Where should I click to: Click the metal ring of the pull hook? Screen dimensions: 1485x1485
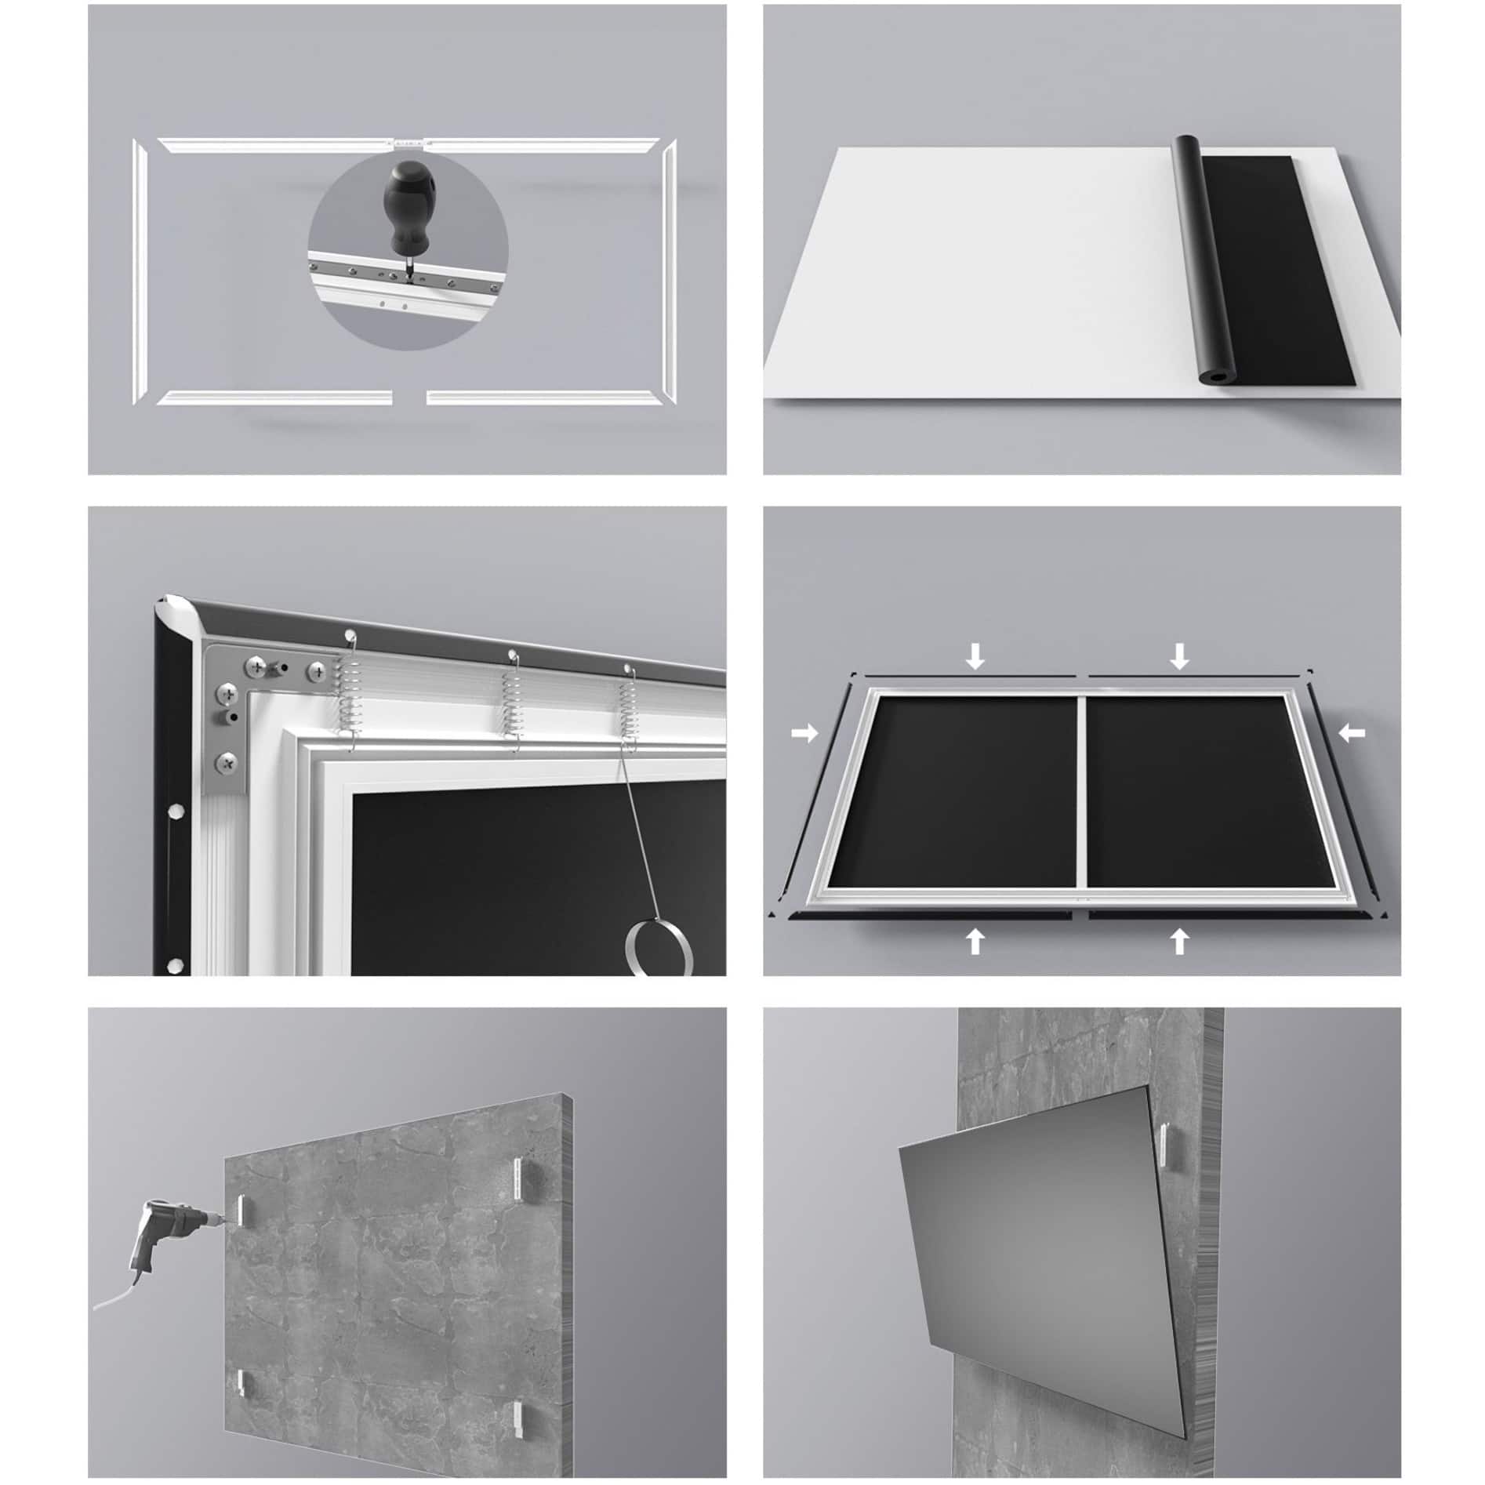point(660,948)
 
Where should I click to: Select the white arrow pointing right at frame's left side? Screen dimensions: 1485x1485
point(804,734)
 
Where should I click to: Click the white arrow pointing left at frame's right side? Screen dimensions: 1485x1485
point(1351,733)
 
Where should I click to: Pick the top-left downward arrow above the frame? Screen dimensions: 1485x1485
point(975,655)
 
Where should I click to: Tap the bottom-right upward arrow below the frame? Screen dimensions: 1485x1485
point(1179,939)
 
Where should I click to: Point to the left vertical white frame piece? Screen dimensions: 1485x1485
point(140,270)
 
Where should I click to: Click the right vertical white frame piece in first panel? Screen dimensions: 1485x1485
point(669,270)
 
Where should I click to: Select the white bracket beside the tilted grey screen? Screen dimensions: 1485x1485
point(1164,1164)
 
